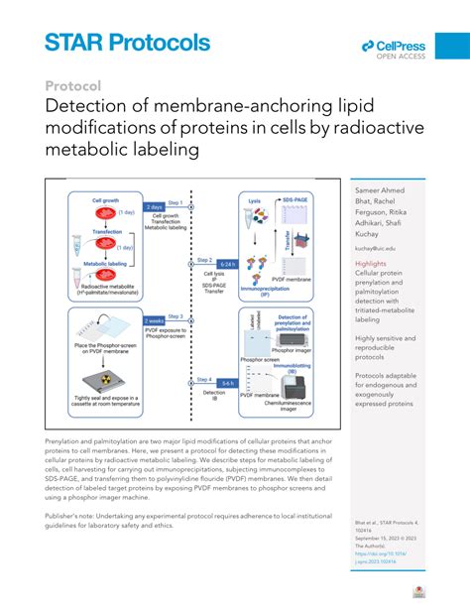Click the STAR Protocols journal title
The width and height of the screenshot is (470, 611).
(x=127, y=43)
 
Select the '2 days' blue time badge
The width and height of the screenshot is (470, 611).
(x=155, y=207)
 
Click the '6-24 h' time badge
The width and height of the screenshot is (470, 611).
(x=226, y=264)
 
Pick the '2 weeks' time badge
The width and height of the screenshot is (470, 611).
(x=155, y=321)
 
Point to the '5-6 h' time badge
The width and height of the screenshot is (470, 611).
(x=226, y=382)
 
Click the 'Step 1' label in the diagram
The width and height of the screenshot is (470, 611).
(x=176, y=200)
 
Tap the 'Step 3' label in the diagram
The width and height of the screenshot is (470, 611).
(x=176, y=315)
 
